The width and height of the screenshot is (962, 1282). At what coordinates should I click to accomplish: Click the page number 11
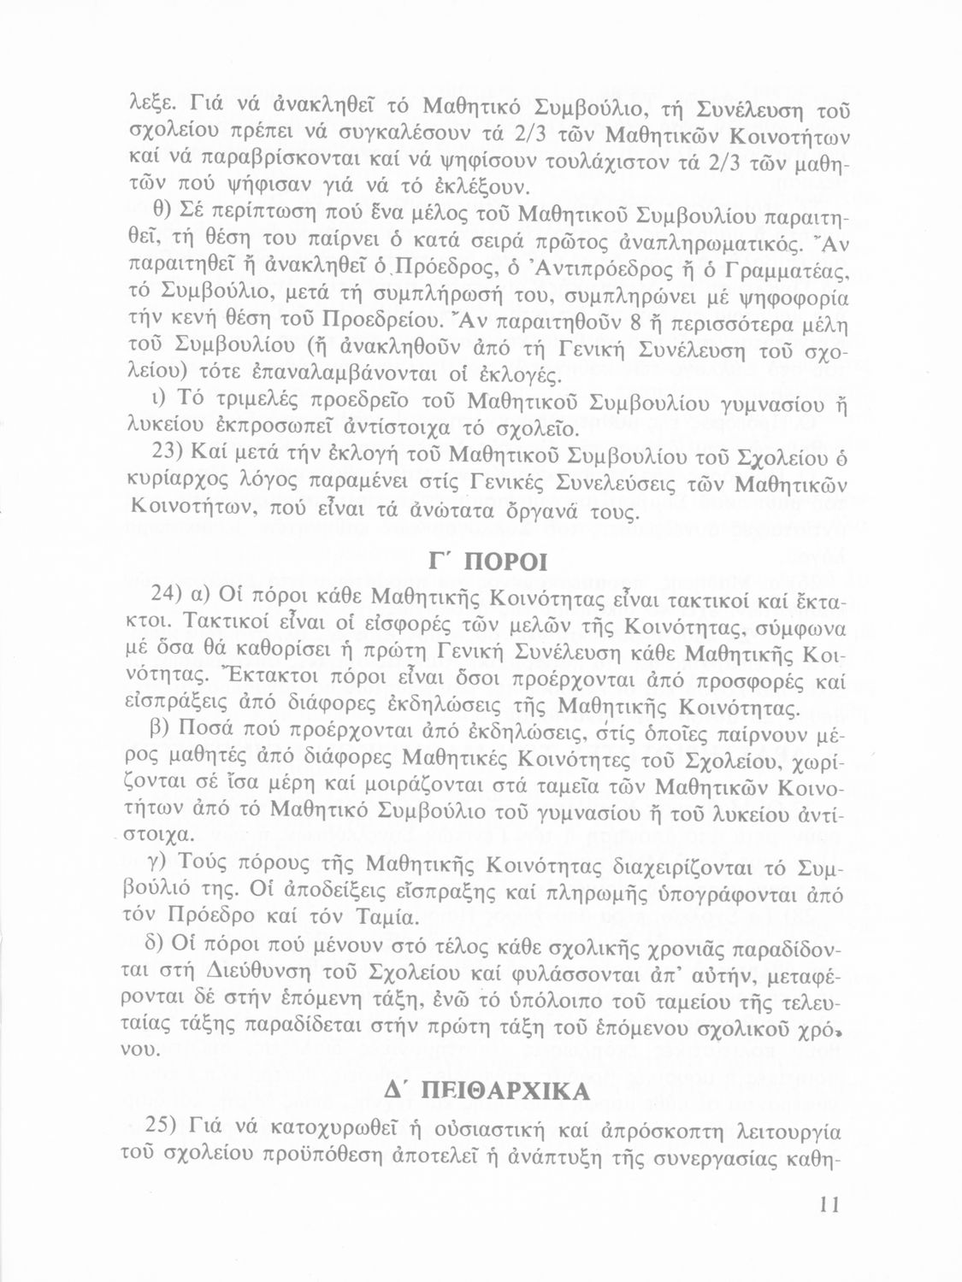(x=829, y=1205)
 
